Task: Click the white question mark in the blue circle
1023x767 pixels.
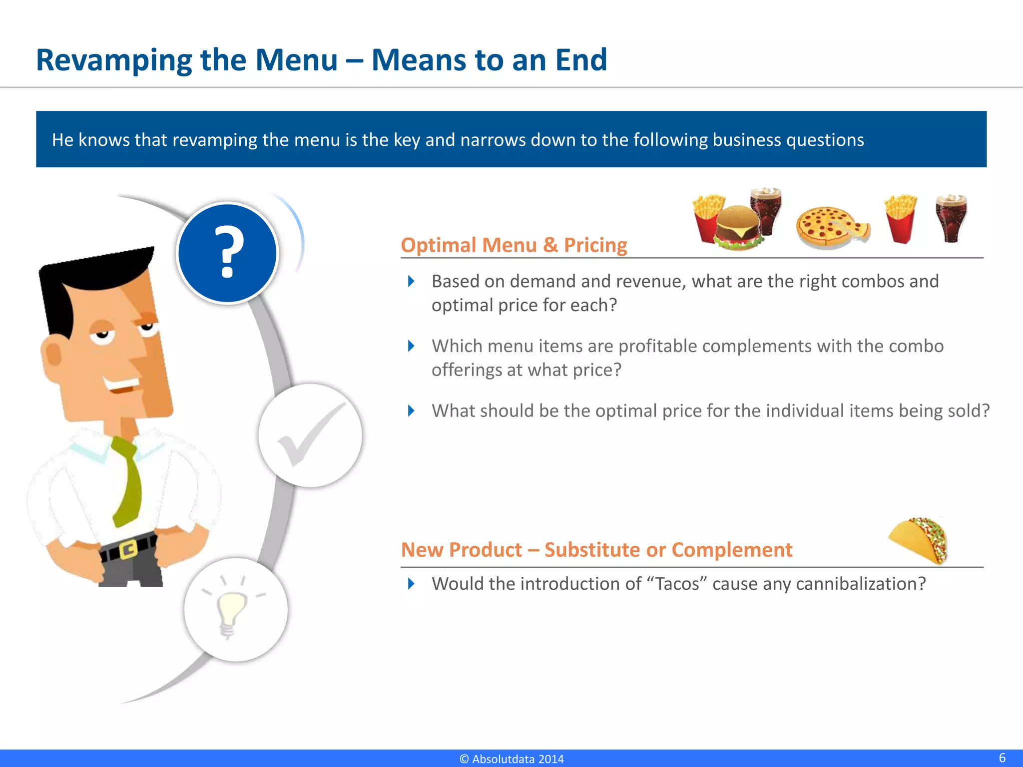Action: point(227,252)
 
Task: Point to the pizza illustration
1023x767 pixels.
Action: point(832,227)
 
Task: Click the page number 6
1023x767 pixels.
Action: point(1002,758)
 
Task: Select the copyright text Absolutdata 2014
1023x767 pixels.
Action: point(511,759)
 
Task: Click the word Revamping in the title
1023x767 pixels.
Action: point(113,60)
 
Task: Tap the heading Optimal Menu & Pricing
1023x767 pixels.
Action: point(513,245)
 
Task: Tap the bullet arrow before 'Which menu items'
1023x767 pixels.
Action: point(411,346)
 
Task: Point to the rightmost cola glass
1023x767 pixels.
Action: point(951,219)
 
